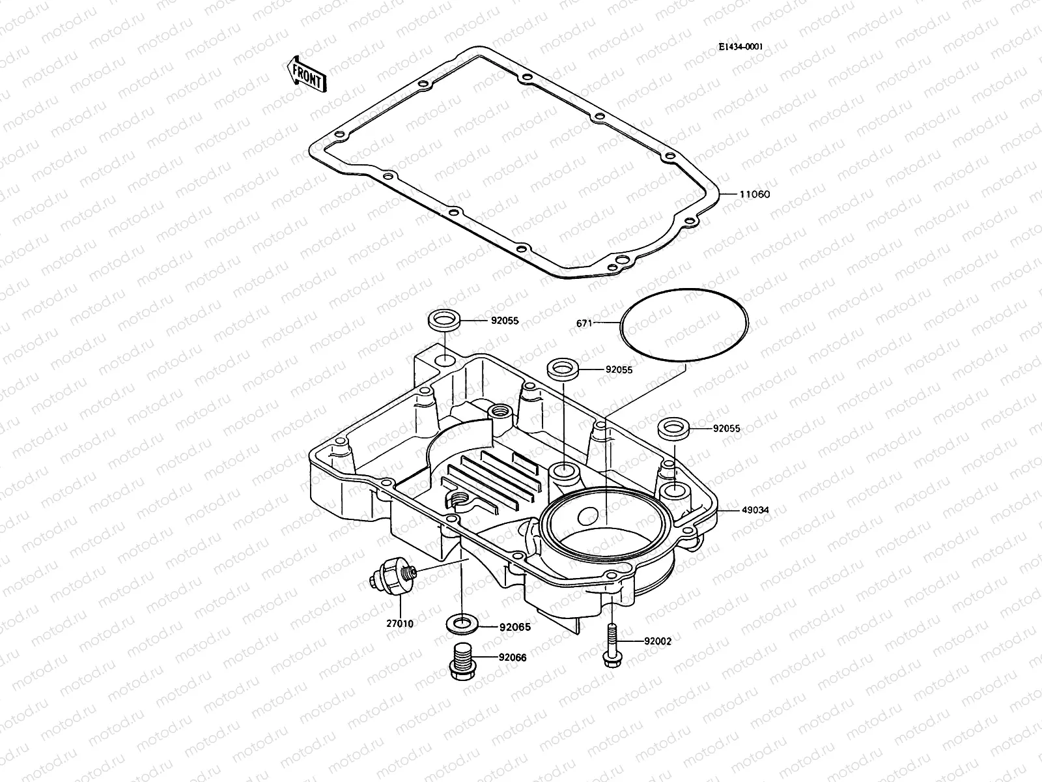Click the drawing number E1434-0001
(x=740, y=47)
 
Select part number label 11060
(x=754, y=194)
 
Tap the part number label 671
(x=584, y=323)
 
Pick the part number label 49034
(x=755, y=510)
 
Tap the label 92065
(x=514, y=628)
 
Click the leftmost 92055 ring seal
(x=445, y=321)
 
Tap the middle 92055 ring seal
(x=564, y=369)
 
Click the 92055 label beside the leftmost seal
(x=505, y=321)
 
